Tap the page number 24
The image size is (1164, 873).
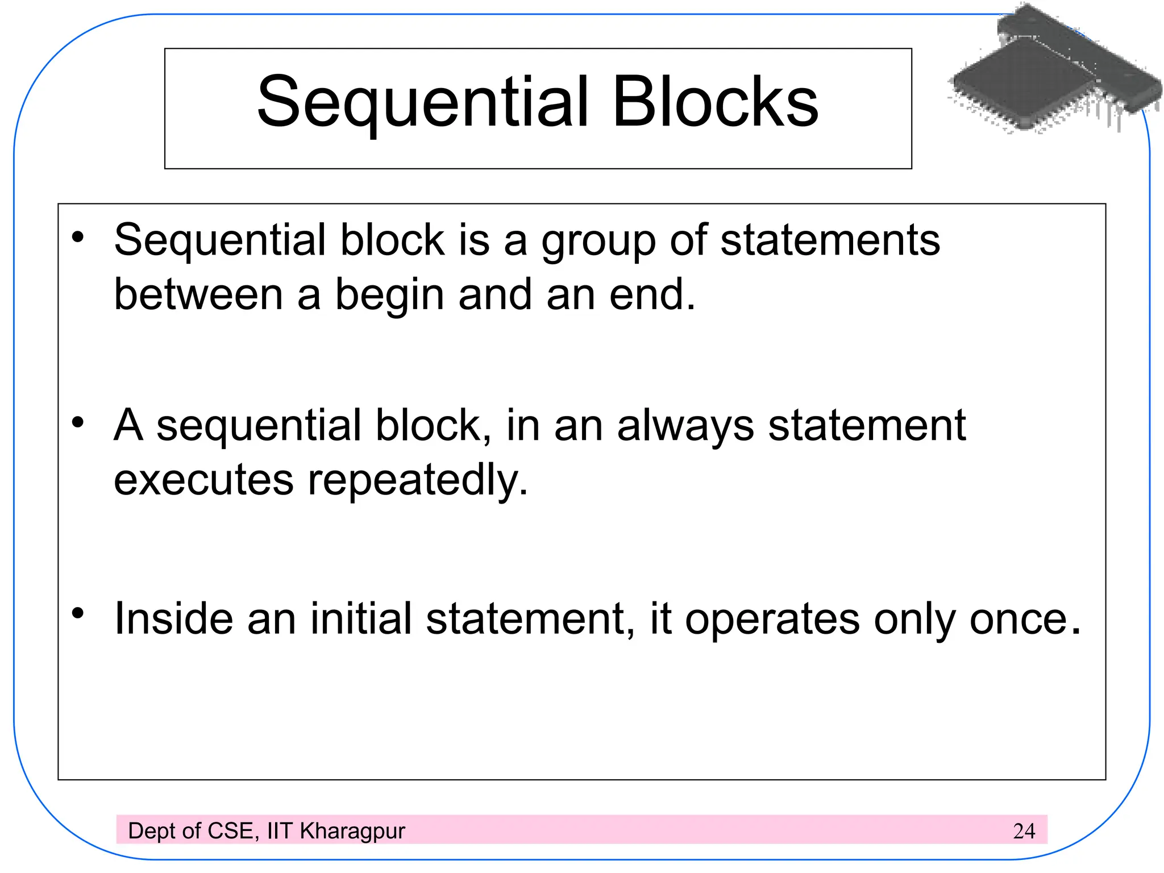(1024, 831)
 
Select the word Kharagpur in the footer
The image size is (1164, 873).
(352, 832)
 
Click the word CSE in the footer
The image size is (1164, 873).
(230, 831)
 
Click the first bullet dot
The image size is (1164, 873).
(78, 238)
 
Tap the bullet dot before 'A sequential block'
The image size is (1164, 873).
(78, 423)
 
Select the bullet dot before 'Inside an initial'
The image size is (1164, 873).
(78, 613)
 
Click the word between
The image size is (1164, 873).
(198, 294)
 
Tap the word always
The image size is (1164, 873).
(685, 426)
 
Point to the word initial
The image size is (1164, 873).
(360, 618)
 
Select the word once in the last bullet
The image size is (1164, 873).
(1018, 620)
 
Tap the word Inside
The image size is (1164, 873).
(173, 618)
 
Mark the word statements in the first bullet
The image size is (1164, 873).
(830, 240)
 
